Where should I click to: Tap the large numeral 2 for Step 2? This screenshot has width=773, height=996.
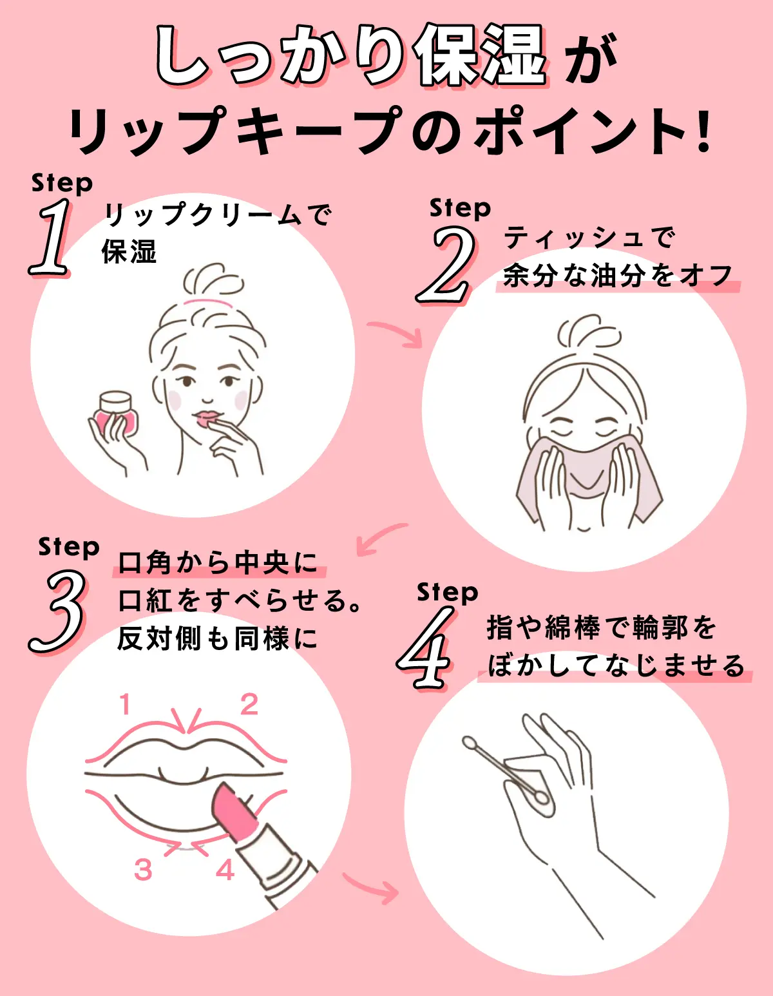coord(448,265)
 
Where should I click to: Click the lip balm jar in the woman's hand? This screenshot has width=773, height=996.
coord(117,412)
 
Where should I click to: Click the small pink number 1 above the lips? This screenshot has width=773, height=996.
coord(126,705)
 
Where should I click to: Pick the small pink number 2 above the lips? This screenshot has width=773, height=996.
coord(249,705)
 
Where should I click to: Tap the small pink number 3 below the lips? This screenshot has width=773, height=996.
coord(143,870)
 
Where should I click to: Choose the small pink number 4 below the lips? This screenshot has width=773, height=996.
coord(225,870)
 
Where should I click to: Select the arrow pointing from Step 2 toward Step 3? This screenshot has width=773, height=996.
coord(380,539)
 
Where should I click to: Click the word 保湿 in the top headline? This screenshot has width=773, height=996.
coord(480,57)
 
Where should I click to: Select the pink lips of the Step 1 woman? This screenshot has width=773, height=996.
coord(207,419)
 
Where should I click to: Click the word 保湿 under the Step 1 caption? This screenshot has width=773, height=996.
coord(129,251)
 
